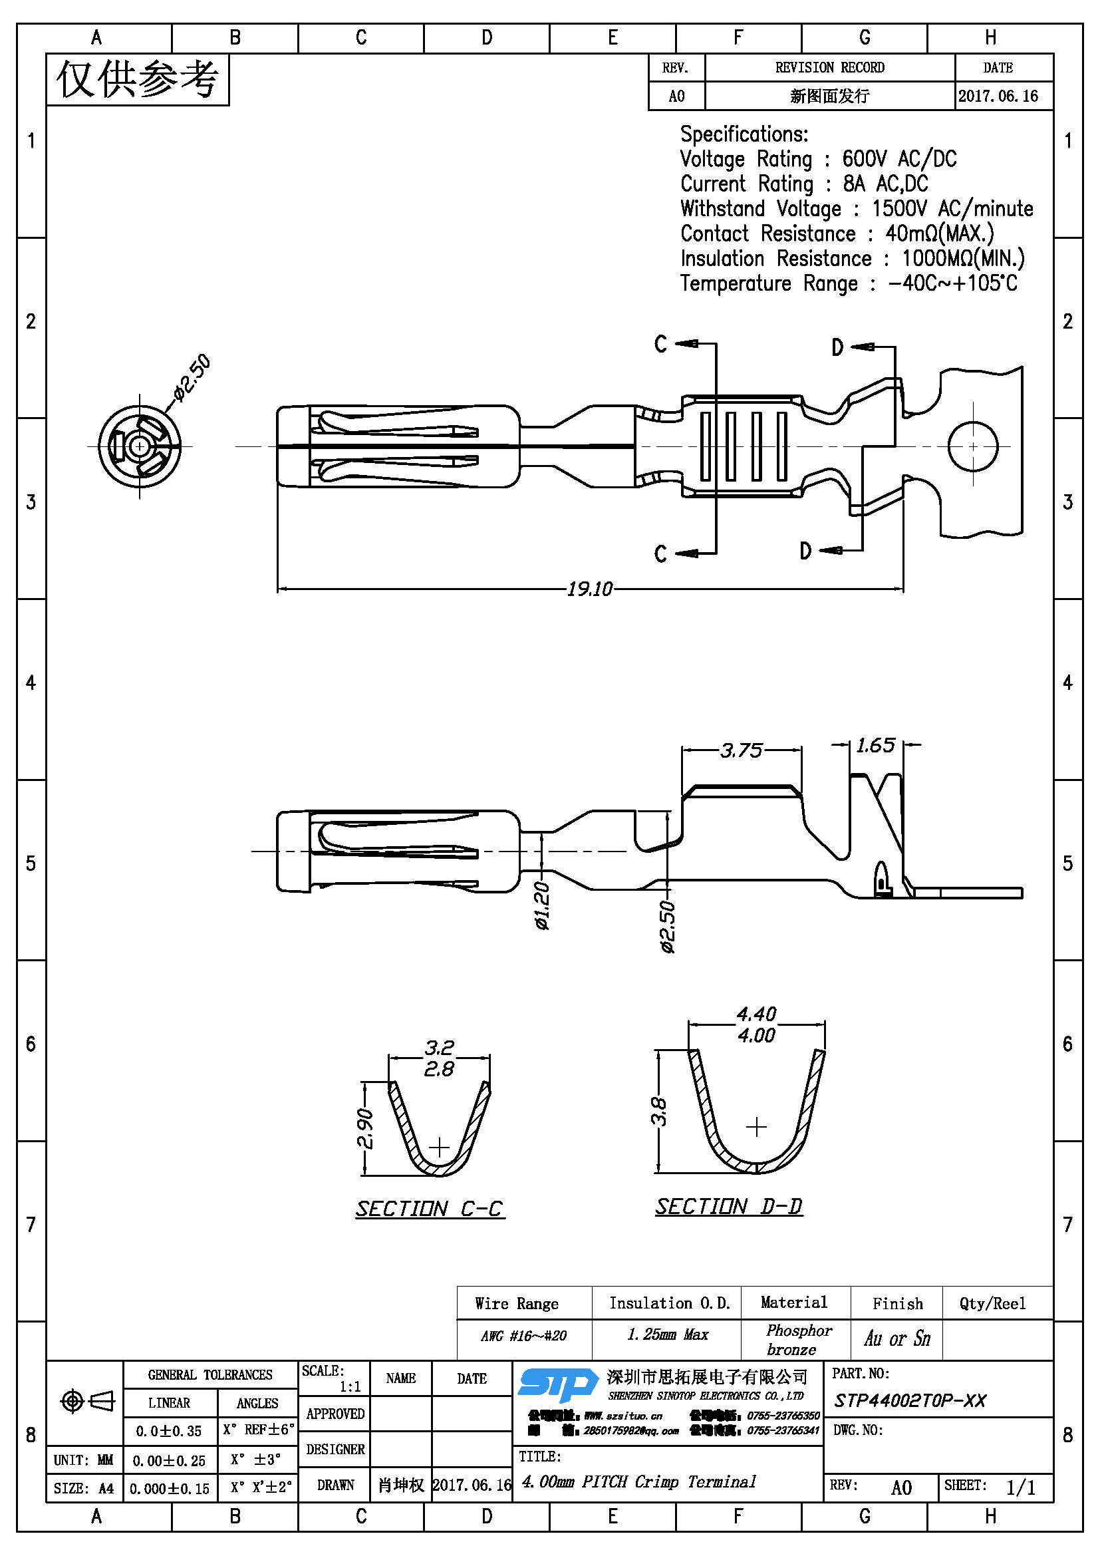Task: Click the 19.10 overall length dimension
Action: click(589, 589)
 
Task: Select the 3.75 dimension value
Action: click(741, 750)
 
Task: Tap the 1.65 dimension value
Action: click(875, 746)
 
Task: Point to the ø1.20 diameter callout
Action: click(542, 905)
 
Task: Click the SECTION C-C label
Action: click(430, 1209)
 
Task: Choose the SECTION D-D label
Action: click(728, 1206)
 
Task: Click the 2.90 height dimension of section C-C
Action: click(364, 1129)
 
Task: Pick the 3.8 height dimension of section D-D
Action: click(658, 1112)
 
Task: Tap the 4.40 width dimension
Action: click(756, 1014)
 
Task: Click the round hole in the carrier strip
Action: click(973, 446)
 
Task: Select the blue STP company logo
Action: click(557, 1384)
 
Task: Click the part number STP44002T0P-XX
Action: click(910, 1401)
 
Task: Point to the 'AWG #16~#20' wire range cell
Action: click(523, 1336)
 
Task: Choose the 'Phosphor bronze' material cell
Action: click(795, 1339)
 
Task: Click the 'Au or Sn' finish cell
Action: click(896, 1338)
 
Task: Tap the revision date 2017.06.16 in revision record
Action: click(998, 96)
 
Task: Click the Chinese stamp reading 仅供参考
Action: click(138, 79)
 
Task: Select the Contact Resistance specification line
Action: click(837, 233)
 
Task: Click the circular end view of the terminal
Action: click(140, 446)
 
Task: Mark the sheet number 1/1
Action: click(1020, 1487)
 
